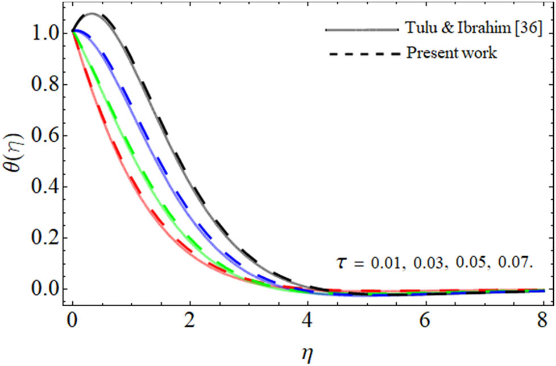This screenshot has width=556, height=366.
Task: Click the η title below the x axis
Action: (308, 352)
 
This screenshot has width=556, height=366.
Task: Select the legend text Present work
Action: (452, 54)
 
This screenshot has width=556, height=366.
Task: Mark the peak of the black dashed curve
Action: (93, 14)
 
